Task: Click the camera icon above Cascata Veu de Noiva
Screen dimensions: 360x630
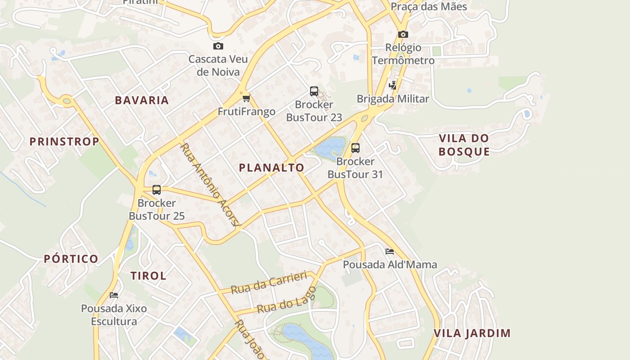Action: click(218, 46)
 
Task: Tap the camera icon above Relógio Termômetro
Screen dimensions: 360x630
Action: click(403, 34)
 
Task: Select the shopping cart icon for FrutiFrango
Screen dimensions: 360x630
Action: click(246, 98)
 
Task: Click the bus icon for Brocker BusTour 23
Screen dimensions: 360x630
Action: click(314, 91)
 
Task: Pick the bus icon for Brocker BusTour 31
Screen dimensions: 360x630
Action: click(355, 148)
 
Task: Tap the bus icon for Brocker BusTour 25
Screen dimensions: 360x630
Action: click(157, 190)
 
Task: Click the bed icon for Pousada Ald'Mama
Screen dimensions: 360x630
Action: click(390, 251)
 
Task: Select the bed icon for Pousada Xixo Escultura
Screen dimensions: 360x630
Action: click(114, 295)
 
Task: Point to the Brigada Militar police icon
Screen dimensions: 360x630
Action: click(393, 85)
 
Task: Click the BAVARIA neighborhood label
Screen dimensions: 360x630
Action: click(142, 100)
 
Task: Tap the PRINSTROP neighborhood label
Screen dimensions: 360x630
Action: click(64, 142)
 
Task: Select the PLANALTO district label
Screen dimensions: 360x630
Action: click(271, 168)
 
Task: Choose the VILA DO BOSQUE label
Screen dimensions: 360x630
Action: click(464, 144)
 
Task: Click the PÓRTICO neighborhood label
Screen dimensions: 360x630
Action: click(71, 259)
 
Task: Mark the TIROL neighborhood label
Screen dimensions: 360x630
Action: click(148, 276)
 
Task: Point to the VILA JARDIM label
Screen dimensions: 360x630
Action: click(472, 333)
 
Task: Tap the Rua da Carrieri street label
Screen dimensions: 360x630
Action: click(269, 283)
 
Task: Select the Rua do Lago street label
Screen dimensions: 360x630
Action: click(287, 300)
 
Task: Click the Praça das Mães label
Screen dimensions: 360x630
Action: click(428, 7)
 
